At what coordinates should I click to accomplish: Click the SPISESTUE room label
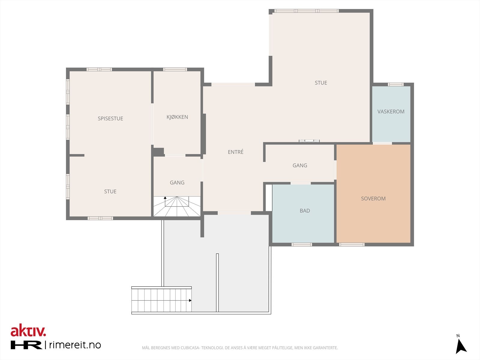point(110,118)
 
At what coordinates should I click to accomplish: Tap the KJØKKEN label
point(177,117)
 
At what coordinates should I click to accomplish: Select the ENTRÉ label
point(235,152)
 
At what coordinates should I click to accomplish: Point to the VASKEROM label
point(391,112)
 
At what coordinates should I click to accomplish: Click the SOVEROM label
point(373,199)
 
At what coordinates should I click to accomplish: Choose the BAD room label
point(304,211)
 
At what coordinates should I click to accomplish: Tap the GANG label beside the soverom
point(300,166)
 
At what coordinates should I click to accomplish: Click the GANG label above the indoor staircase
point(177,182)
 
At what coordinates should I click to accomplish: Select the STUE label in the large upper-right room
point(321,82)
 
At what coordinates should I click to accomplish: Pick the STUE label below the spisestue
point(110,191)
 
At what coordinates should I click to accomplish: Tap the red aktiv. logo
point(28,330)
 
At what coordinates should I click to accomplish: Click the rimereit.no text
point(75,345)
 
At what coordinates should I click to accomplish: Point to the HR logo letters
point(26,345)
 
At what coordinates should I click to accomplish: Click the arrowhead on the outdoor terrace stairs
point(190,300)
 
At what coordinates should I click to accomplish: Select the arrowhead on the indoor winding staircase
point(165,198)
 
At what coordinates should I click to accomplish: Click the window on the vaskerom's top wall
point(396,84)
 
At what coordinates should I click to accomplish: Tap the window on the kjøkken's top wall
point(175,70)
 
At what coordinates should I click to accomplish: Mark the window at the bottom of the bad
point(302,244)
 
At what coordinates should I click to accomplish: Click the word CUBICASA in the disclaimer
point(190,348)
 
